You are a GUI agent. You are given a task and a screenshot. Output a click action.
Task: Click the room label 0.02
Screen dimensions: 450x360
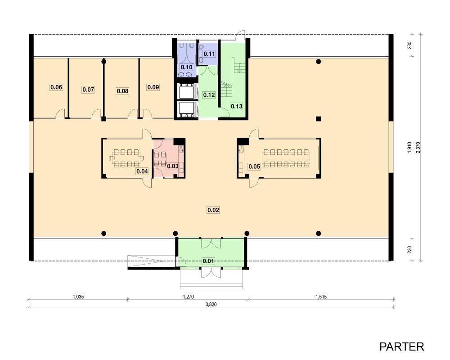tap(213, 210)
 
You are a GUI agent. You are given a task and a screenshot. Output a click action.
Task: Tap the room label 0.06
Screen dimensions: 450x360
tap(56, 87)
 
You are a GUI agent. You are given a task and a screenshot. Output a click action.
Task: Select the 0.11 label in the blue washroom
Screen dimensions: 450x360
tap(209, 54)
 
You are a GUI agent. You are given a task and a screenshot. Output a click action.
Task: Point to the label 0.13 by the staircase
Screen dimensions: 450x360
tap(237, 106)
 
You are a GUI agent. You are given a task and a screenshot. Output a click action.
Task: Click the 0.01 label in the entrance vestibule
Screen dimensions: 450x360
tap(208, 261)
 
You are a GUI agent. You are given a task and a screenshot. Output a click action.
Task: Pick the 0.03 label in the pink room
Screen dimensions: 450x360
tap(173, 166)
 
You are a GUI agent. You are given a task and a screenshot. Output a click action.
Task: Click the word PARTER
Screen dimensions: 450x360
tap(401, 346)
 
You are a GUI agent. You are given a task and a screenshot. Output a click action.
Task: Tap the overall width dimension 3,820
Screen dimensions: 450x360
tap(211, 304)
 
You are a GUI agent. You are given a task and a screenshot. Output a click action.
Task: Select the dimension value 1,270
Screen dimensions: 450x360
tap(188, 297)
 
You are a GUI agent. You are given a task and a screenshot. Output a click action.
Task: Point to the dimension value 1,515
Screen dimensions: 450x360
tap(321, 297)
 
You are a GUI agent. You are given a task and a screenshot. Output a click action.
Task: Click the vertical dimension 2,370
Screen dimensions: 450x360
tap(418, 147)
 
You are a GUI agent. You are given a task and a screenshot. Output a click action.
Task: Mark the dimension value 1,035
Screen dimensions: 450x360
tap(78, 297)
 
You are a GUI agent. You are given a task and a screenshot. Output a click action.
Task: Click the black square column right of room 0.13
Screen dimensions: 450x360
tap(318, 118)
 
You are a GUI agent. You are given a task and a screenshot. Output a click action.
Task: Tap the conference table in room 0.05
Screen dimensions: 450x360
tap(286, 158)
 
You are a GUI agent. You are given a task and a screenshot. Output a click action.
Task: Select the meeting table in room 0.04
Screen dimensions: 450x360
tap(126, 158)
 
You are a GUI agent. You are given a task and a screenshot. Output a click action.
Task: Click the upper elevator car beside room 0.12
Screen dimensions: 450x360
tap(187, 92)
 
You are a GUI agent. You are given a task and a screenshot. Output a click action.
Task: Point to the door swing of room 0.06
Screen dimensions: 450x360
tap(60, 114)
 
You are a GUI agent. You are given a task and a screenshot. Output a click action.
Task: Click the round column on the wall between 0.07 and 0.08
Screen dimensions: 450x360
tap(104, 61)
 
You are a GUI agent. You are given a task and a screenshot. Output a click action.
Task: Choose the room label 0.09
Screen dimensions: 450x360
tap(153, 87)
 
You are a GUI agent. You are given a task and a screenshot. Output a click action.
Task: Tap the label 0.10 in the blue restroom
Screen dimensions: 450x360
tap(187, 67)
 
